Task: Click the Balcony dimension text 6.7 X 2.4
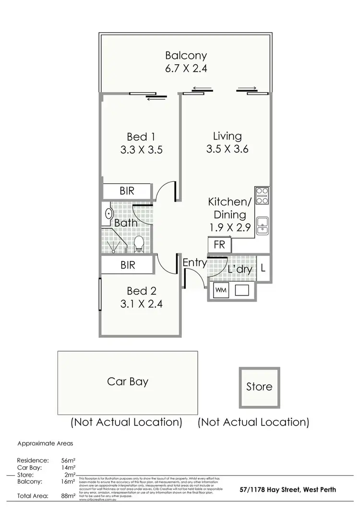(x=186, y=68)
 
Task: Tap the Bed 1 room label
(x=142, y=136)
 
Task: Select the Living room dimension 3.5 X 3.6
(x=227, y=149)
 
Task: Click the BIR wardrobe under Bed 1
(x=127, y=190)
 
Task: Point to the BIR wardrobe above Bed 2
(x=127, y=265)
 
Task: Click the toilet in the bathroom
(x=139, y=243)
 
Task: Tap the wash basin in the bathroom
(x=109, y=214)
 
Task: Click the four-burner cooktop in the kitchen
(x=262, y=197)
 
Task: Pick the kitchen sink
(x=262, y=225)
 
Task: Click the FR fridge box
(x=219, y=244)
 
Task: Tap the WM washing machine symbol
(x=221, y=290)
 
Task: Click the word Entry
(x=194, y=263)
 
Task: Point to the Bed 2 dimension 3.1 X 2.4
(x=142, y=303)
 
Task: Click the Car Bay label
(x=127, y=382)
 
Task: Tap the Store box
(x=259, y=387)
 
